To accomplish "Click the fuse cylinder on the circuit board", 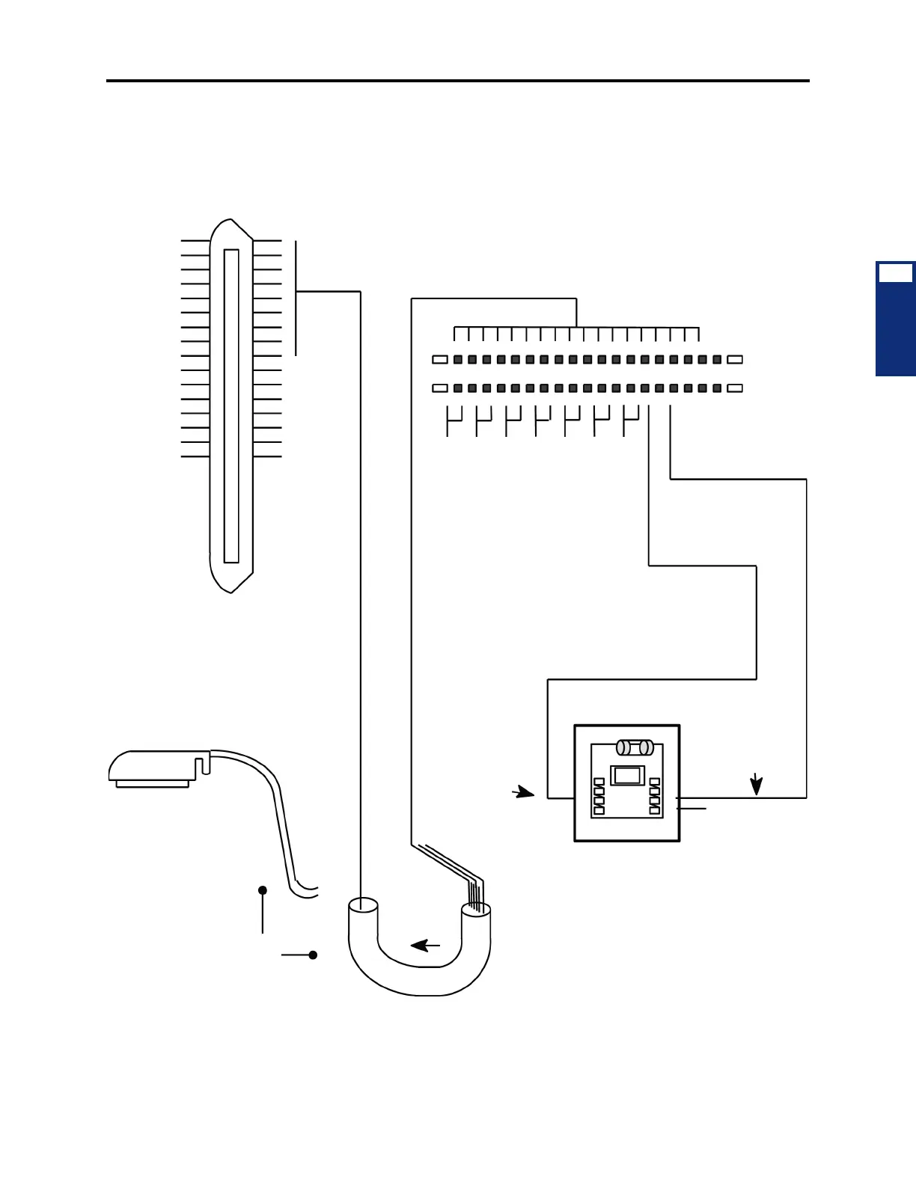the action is [x=635, y=747].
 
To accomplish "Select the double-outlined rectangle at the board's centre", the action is [x=627, y=775].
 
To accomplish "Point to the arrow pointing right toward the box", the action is [x=524, y=793].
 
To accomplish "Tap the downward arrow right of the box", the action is [x=757, y=784].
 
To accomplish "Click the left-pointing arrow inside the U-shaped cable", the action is [x=425, y=946].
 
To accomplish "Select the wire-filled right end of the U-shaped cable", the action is [x=476, y=910].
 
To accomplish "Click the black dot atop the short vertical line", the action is [x=263, y=890].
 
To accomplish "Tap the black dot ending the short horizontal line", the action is [x=313, y=955].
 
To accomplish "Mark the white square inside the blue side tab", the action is [x=895, y=273].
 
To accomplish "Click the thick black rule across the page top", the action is [x=458, y=80].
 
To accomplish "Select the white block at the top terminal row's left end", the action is [x=440, y=360].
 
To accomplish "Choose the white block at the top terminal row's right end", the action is [x=735, y=360].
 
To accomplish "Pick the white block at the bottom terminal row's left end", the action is [x=440, y=388].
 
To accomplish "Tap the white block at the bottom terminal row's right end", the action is [x=735, y=388].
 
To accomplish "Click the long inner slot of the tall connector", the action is [x=231, y=405].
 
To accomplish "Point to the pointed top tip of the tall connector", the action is [x=231, y=221].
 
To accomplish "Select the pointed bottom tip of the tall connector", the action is [x=231, y=591].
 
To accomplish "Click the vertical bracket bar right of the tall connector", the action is [x=296, y=298].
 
